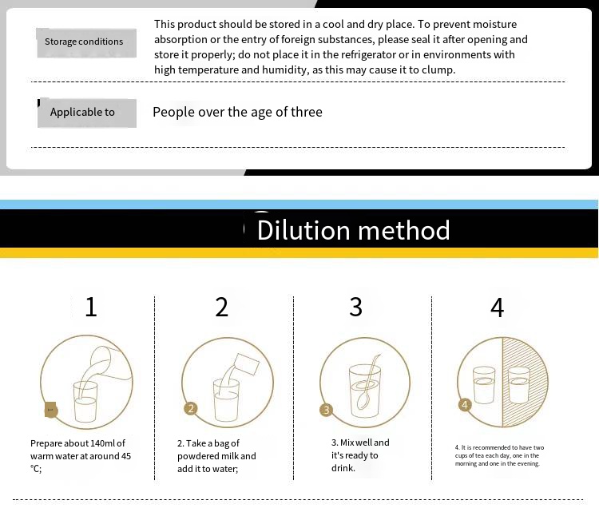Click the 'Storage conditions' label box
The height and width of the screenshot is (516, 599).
click(x=86, y=43)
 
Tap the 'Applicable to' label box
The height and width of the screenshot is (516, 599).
click(x=87, y=113)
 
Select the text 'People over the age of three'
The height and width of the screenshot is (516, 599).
click(x=237, y=112)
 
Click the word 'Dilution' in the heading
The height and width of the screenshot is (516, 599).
click(x=303, y=230)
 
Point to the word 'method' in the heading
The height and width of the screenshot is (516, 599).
click(x=404, y=230)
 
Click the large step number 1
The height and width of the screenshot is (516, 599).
click(x=91, y=307)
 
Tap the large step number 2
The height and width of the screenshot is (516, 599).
click(x=221, y=307)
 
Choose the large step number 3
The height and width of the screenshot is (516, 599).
click(x=355, y=307)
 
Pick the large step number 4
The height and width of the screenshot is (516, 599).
click(x=497, y=308)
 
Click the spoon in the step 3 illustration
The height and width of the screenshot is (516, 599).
click(x=368, y=382)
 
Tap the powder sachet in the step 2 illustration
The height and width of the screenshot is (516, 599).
click(x=247, y=363)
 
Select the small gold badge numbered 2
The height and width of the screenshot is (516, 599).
click(x=191, y=409)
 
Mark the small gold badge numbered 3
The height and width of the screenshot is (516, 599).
click(x=326, y=411)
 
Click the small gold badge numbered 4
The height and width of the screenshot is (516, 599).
click(x=465, y=405)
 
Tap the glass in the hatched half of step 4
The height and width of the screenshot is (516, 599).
click(x=519, y=385)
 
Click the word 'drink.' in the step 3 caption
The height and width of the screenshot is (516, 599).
click(x=343, y=468)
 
